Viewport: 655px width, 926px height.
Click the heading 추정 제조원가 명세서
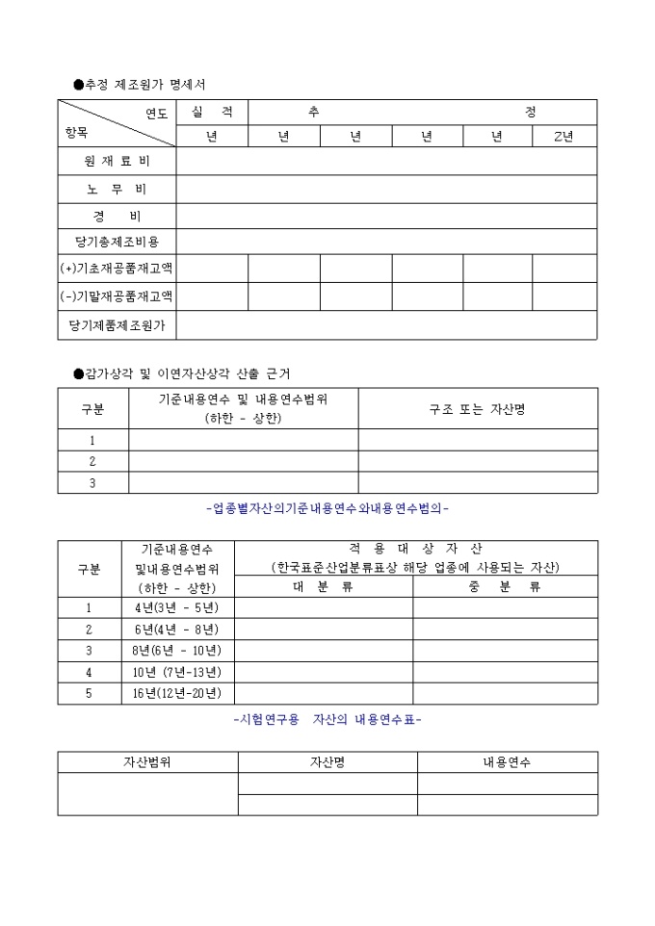(145, 85)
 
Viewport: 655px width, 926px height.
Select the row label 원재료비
(117, 161)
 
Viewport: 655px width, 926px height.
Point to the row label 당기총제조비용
(117, 242)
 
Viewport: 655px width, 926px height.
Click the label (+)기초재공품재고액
(117, 269)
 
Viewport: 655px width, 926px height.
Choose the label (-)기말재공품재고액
(117, 296)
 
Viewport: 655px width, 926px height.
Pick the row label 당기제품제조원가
(117, 325)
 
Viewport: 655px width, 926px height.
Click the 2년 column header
(563, 136)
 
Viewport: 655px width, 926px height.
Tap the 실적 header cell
(212, 113)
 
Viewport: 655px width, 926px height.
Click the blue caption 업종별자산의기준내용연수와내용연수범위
(327, 508)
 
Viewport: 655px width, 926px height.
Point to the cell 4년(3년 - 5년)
(178, 607)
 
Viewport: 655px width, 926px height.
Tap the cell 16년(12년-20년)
(178, 693)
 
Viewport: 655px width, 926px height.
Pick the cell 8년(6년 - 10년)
(178, 650)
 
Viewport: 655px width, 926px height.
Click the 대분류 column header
(324, 586)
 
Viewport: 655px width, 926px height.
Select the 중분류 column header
(505, 586)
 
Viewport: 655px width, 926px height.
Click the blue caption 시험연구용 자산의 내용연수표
(327, 719)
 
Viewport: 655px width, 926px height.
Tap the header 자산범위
(147, 762)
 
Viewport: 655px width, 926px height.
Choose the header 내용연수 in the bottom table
(507, 762)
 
